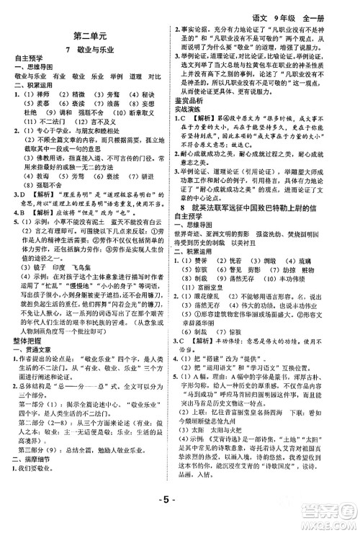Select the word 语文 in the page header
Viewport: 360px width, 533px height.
(261, 8)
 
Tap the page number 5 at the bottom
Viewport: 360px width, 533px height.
(181, 517)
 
